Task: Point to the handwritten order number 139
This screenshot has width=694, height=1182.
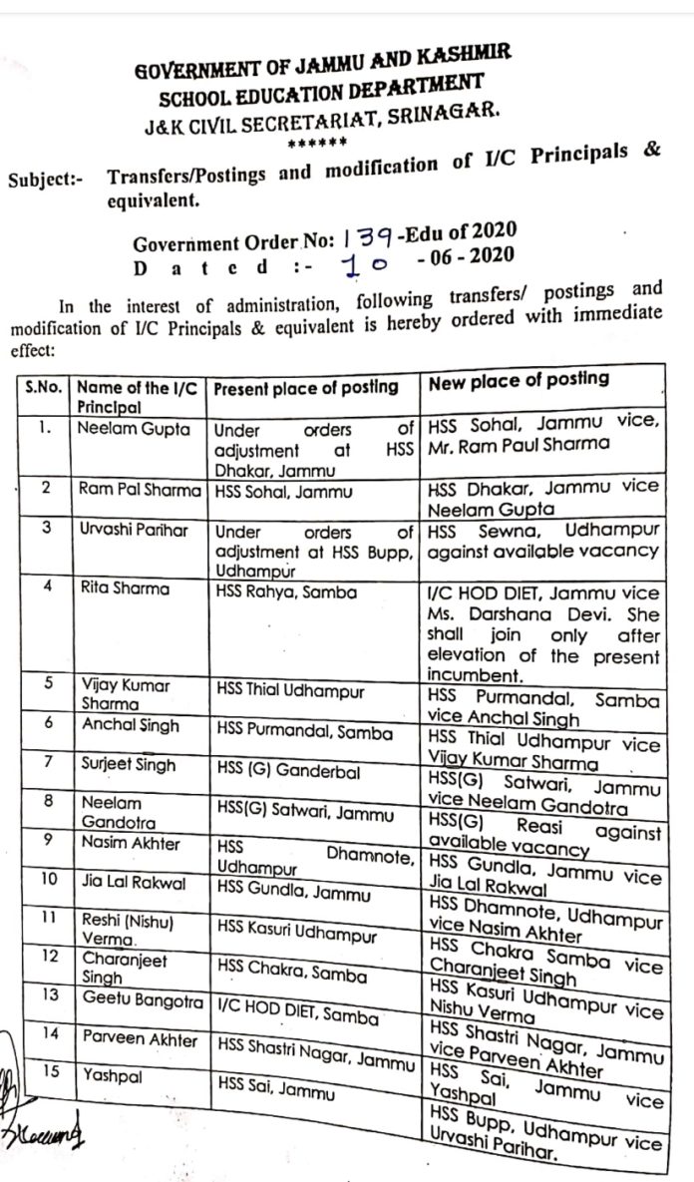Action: [x=369, y=237]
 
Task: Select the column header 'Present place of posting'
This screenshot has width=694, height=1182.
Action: [x=306, y=388]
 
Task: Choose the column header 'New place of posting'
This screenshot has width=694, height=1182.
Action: [x=518, y=380]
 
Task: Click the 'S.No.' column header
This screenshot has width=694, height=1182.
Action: [x=45, y=388]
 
